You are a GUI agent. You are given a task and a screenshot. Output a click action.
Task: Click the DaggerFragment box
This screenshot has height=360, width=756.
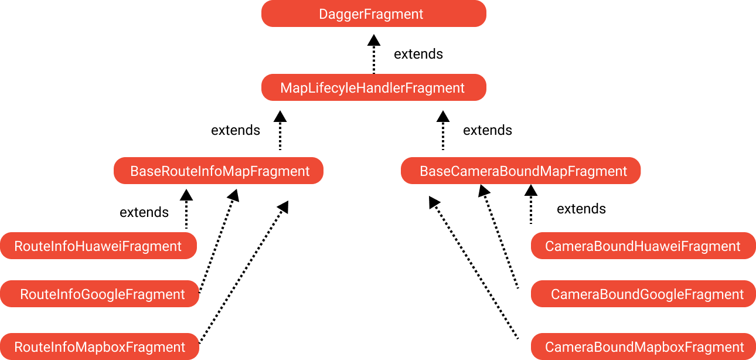(x=373, y=13)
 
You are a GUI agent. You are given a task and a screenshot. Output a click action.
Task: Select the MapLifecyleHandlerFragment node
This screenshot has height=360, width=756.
(x=373, y=87)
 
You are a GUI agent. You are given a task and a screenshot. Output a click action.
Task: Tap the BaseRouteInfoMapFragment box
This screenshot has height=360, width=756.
(x=218, y=171)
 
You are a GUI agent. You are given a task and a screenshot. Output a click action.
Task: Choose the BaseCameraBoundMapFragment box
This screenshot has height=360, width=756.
(x=520, y=171)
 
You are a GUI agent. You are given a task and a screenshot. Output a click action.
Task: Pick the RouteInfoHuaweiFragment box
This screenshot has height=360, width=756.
(x=98, y=246)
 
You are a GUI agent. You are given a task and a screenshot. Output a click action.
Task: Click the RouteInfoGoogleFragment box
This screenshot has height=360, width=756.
(x=100, y=294)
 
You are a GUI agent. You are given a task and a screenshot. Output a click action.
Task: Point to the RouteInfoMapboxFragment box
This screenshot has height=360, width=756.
(x=100, y=347)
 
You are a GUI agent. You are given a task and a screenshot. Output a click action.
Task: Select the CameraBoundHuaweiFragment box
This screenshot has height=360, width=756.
(x=643, y=246)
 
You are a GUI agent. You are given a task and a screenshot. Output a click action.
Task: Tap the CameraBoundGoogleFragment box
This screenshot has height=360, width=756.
(x=643, y=294)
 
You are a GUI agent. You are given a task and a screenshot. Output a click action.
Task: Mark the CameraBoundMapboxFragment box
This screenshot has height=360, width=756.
(x=643, y=347)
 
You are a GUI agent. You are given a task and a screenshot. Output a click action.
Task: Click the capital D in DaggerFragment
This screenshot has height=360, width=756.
(x=323, y=14)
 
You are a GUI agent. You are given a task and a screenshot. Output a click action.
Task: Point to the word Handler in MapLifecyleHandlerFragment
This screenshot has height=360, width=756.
(x=383, y=88)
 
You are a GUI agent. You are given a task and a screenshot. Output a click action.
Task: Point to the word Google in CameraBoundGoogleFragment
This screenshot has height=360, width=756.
(x=661, y=294)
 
